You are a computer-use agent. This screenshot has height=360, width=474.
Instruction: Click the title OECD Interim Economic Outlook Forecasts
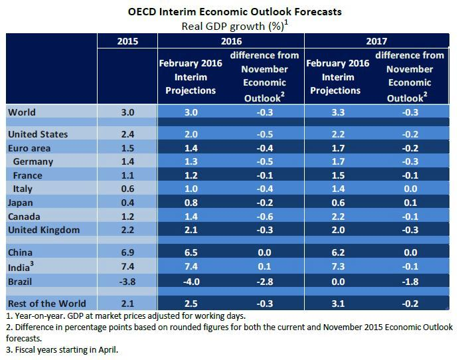tap(237, 11)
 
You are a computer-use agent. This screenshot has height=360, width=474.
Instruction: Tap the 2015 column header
tap(127, 41)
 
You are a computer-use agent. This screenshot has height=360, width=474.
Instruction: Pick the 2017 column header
tap(376, 41)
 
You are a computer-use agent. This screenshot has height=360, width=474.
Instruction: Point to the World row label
tap(22, 112)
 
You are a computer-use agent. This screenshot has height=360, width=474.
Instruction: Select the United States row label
tap(39, 134)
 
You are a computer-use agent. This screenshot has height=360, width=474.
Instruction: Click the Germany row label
tap(33, 161)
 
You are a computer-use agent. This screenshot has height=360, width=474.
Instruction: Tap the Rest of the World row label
tap(46, 304)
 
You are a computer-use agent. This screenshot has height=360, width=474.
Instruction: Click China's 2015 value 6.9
tap(127, 253)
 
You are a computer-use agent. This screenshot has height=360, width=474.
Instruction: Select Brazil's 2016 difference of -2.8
tap(266, 281)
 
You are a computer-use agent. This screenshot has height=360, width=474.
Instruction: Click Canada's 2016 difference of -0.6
tap(266, 217)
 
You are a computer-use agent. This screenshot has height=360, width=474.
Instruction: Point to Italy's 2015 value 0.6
tap(127, 189)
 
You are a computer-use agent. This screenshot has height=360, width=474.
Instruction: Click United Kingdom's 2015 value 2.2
tap(127, 230)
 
